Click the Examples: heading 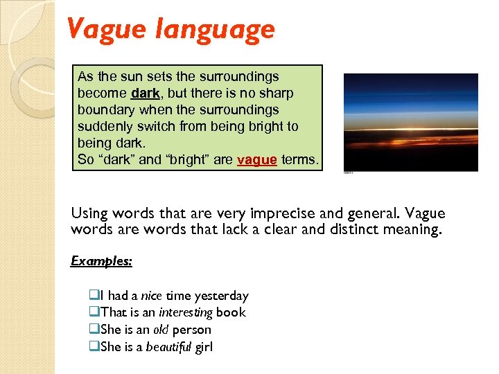click(102, 261)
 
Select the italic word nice click(150, 296)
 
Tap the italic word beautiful click(168, 347)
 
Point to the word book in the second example click(231, 312)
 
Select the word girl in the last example click(204, 347)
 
